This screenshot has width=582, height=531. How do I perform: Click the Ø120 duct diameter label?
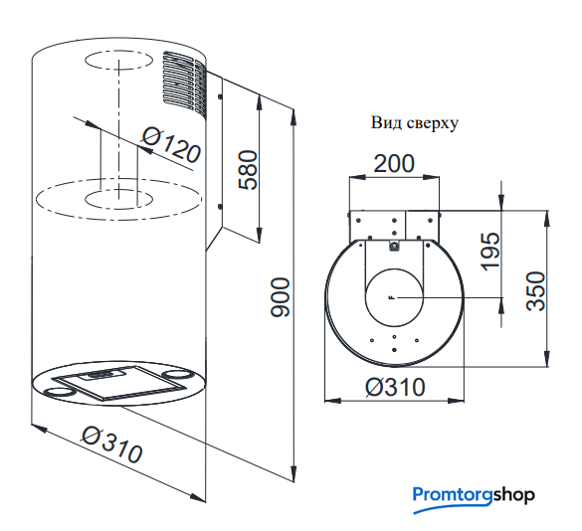172,145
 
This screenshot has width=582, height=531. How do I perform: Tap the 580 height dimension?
248,170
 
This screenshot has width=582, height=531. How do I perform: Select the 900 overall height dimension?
281,297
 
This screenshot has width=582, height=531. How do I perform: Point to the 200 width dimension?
393,164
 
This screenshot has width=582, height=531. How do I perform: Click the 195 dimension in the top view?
490,252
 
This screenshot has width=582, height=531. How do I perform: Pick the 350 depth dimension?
536,291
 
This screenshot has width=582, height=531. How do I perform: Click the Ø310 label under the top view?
395,387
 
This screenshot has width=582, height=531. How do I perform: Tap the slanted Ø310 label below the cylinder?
112,444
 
